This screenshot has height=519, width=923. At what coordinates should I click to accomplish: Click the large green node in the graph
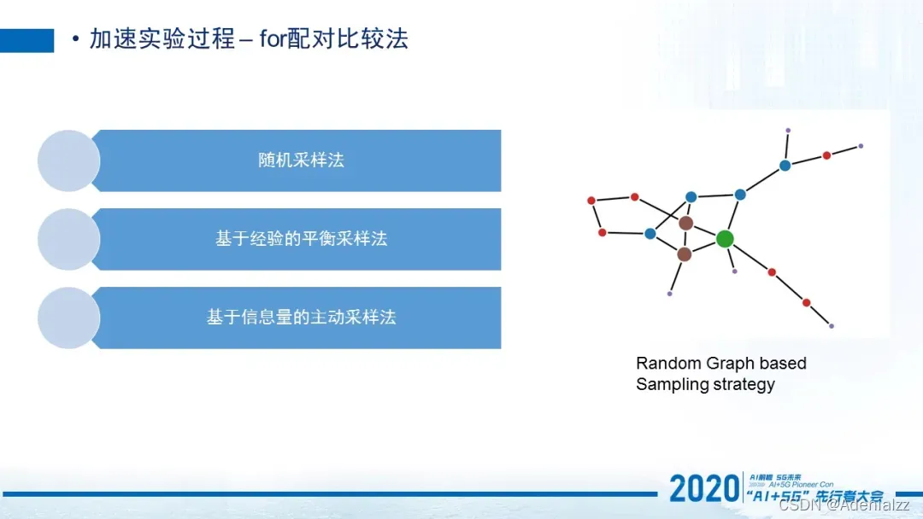point(725,239)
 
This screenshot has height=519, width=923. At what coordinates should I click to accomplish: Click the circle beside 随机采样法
point(68,160)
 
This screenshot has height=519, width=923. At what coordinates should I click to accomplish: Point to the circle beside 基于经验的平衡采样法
point(68,239)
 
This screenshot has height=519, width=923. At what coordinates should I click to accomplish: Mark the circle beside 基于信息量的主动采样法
point(68,318)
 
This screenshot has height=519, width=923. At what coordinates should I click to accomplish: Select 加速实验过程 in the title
point(162,39)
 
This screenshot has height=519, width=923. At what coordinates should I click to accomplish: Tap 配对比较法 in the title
point(348,39)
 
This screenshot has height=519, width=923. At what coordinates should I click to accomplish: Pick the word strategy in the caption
point(743,384)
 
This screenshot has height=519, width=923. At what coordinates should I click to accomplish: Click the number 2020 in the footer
point(703,488)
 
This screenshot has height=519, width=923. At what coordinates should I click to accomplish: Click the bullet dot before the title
point(76,39)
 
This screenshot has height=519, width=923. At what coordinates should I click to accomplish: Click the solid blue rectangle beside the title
point(26,40)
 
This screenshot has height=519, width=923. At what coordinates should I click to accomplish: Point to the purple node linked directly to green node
point(734,271)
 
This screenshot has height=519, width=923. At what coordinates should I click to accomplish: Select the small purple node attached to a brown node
point(670,294)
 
